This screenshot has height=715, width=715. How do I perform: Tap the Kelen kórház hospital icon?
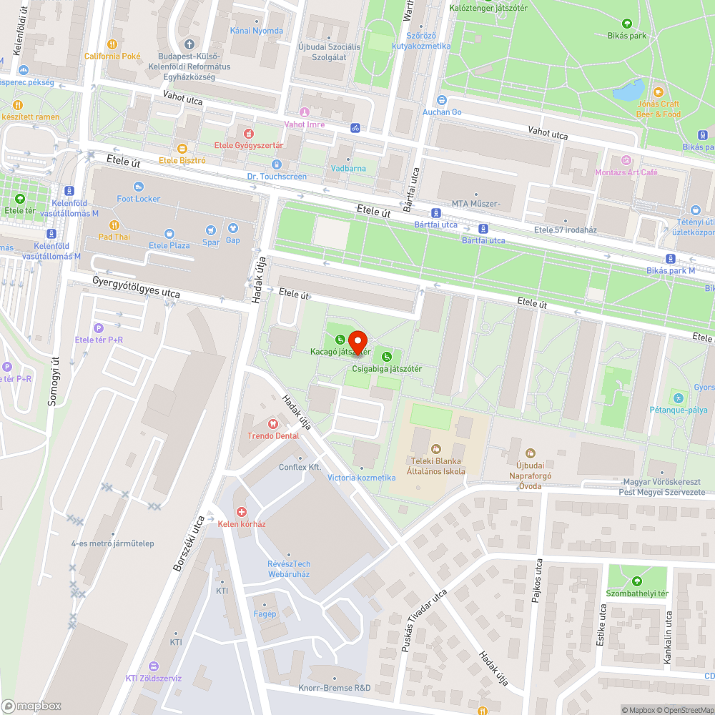pos(242,512)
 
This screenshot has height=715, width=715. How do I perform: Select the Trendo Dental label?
pos(272,435)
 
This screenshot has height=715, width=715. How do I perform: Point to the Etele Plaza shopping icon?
pos(169,233)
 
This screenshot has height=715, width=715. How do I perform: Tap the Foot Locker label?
pos(139,198)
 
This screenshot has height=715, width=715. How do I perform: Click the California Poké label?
pos(112,56)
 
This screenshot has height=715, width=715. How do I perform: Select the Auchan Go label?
pos(442,112)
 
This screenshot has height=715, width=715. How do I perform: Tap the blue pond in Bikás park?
pos(628,91)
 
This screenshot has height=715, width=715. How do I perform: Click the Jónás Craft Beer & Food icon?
pos(659,92)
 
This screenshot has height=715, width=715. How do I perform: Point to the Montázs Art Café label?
pos(626,172)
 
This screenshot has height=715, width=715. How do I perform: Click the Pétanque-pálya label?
pos(678,410)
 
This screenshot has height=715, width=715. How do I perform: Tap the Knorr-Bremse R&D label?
pos(335,688)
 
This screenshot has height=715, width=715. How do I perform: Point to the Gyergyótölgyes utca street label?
pos(136,288)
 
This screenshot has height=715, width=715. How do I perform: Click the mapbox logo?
pos(32,706)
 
